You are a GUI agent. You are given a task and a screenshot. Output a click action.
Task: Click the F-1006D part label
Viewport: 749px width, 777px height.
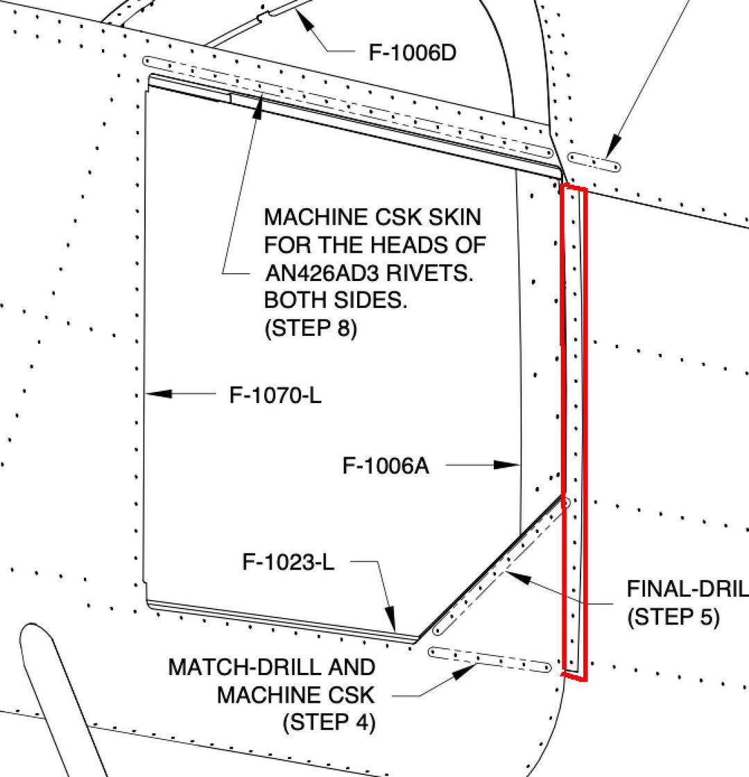pyautogui.click(x=412, y=53)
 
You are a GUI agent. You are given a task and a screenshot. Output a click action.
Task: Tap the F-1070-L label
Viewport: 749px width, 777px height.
pyautogui.click(x=275, y=395)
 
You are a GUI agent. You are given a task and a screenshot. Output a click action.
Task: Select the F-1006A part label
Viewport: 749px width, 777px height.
pyautogui.click(x=386, y=466)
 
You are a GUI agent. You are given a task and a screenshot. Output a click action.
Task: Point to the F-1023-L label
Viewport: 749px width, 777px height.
pyautogui.click(x=289, y=563)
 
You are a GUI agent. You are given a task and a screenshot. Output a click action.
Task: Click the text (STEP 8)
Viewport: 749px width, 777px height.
pyautogui.click(x=311, y=327)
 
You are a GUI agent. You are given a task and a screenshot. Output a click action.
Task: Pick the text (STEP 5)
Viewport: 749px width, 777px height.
pyautogui.click(x=673, y=617)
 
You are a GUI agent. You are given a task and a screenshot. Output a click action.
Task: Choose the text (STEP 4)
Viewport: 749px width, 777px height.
pyautogui.click(x=329, y=722)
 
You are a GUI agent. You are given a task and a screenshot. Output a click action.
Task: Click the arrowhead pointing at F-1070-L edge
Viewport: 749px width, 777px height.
pyautogui.click(x=159, y=394)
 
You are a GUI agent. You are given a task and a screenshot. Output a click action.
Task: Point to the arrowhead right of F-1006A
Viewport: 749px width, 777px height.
pyautogui.click(x=507, y=465)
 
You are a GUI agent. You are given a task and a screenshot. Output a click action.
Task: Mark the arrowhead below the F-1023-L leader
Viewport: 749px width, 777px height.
pyautogui.click(x=391, y=620)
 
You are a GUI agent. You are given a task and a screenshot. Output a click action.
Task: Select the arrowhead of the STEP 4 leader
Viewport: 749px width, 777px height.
pyautogui.click(x=464, y=672)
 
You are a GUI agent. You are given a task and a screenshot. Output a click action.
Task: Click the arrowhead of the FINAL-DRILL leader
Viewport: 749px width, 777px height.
pyautogui.click(x=518, y=577)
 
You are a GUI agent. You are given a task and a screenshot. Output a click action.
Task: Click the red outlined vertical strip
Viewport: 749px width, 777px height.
pyautogui.click(x=574, y=432)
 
